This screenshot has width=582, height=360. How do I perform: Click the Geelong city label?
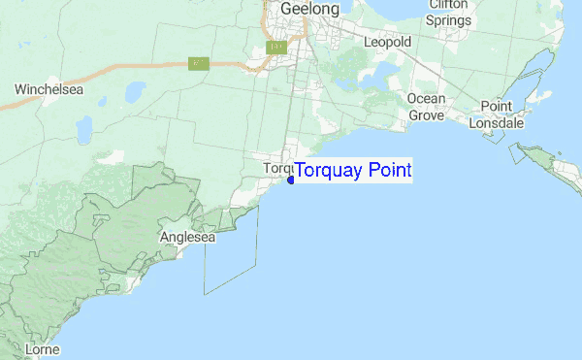click(309, 9)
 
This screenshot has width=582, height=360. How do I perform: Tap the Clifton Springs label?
click(448, 12)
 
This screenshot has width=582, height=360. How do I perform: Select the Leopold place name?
click(387, 42)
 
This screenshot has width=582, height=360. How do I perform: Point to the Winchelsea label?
click(48, 89)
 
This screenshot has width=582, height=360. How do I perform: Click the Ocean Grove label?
click(426, 107)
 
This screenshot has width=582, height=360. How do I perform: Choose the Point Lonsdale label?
click(495, 115)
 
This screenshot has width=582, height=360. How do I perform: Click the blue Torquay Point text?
click(353, 171)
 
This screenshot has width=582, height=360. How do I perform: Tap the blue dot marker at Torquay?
click(291, 180)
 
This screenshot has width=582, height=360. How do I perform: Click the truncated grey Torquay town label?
click(277, 168)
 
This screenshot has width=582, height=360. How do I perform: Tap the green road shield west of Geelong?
click(199, 63)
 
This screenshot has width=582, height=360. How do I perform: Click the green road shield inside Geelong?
click(276, 48)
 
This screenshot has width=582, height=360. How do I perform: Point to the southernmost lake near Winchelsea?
click(85, 127)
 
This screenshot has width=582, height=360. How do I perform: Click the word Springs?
click(448, 18)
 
